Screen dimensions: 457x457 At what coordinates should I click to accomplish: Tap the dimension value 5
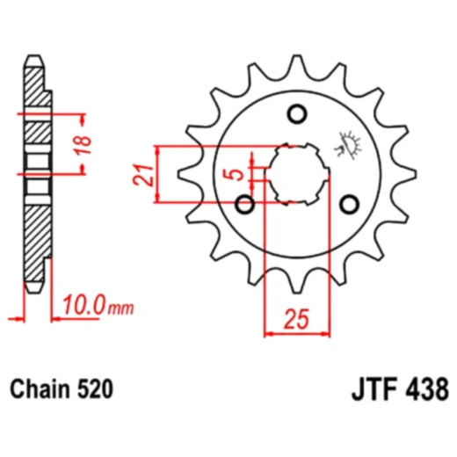click(235, 174)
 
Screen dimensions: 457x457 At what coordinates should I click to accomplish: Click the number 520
click(94, 388)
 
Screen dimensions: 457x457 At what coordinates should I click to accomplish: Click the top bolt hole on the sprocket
click(296, 113)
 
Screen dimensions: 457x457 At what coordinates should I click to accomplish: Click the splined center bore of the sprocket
click(296, 173)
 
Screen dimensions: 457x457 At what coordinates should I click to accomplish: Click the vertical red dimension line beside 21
click(157, 173)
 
